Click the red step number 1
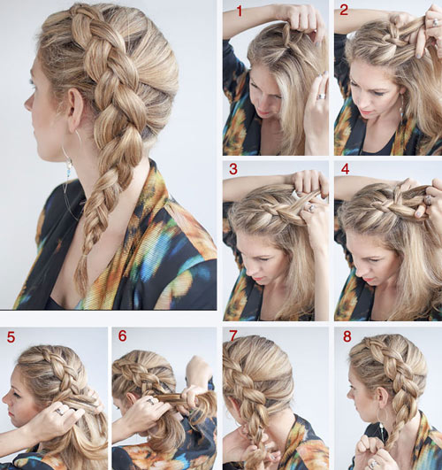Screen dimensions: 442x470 239,12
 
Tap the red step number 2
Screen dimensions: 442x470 344,11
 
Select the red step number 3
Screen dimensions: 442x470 233,169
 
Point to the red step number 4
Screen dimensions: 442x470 345,169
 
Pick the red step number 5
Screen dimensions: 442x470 11,337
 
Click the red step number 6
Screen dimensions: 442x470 123,336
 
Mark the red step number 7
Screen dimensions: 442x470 233,336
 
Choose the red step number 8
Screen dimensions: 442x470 347,336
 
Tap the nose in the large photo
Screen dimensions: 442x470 28,104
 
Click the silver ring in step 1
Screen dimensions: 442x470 321,96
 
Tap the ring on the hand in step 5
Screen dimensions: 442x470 60,412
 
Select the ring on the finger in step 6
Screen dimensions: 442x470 151,401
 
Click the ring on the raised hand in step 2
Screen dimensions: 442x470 435,23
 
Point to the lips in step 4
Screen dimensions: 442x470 368,281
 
